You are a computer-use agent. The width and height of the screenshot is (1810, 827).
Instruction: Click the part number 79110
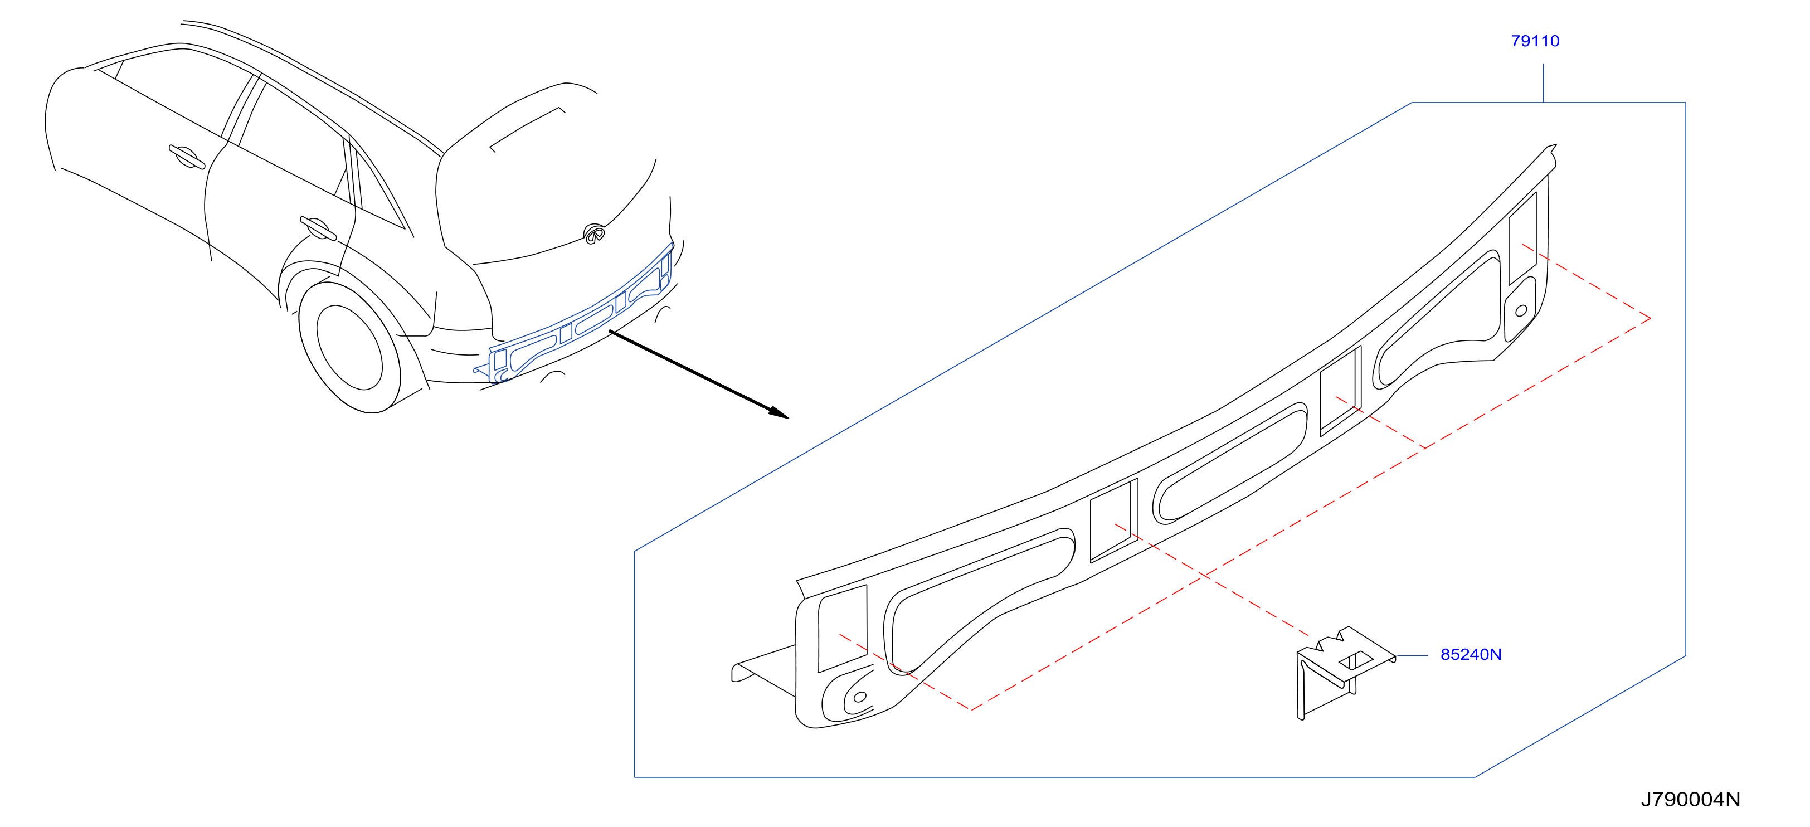[1535, 41]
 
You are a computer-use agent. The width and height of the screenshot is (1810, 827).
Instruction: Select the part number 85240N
[1471, 654]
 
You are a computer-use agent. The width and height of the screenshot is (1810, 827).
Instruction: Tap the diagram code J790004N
[1691, 799]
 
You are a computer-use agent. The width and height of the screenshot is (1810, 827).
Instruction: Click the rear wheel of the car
[350, 347]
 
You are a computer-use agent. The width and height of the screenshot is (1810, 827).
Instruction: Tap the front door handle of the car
[186, 157]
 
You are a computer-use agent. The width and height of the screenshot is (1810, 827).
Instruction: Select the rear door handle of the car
[318, 228]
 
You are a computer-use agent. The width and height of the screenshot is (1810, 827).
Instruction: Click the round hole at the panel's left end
[859, 697]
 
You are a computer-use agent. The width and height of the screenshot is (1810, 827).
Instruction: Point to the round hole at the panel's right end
[1521, 310]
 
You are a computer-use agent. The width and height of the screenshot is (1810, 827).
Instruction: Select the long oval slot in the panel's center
[1230, 463]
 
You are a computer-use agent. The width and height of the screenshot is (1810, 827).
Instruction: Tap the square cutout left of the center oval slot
[1113, 520]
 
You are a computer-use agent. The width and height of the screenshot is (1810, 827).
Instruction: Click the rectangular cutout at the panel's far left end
[843, 628]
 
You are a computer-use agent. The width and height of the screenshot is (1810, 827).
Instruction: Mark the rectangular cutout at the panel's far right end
[1522, 238]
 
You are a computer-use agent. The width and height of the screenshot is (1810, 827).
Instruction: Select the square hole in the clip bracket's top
[1356, 660]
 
